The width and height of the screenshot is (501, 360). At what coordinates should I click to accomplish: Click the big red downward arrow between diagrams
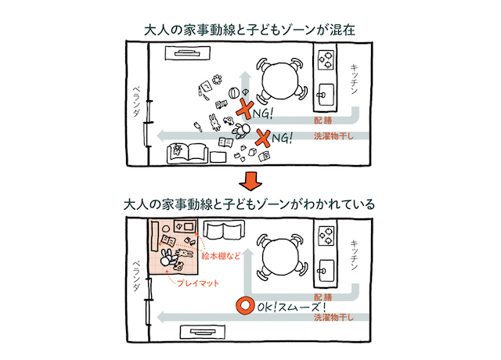250,182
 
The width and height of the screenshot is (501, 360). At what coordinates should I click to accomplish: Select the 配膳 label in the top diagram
323,122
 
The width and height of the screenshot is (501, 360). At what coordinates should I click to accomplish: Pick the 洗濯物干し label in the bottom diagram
332,319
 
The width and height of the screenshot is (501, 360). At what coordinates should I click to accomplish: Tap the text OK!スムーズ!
290,308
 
